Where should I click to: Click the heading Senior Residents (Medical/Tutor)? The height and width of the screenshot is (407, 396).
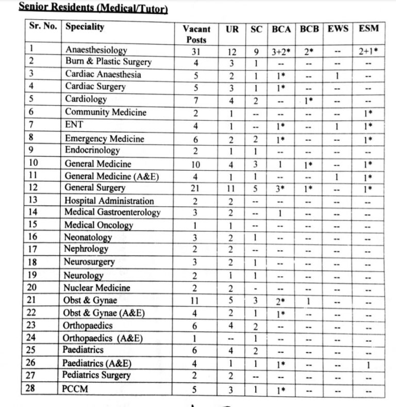click(93, 7)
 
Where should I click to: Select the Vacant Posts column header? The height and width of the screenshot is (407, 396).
click(196, 34)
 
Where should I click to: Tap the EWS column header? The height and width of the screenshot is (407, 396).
click(338, 29)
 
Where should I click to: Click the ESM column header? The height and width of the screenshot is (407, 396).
click(368, 29)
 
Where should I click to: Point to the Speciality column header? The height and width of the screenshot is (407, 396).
click(85, 27)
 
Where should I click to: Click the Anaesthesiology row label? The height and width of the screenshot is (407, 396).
click(96, 50)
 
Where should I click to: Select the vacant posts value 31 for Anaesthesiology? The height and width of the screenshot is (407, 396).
click(196, 51)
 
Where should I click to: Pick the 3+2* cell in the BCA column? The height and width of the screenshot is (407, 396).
click(283, 51)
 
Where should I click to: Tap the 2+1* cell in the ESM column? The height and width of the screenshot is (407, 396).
click(368, 51)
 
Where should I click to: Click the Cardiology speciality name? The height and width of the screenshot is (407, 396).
click(86, 99)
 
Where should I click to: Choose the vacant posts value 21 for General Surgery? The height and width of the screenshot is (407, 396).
click(196, 188)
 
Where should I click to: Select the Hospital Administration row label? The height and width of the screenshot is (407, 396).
click(109, 201)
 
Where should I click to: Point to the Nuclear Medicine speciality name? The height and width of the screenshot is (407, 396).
click(96, 288)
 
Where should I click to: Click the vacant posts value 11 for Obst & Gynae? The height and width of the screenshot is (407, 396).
click(196, 300)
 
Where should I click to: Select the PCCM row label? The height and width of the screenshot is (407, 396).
click(76, 389)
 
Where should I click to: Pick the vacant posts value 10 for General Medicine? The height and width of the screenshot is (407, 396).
click(196, 164)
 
